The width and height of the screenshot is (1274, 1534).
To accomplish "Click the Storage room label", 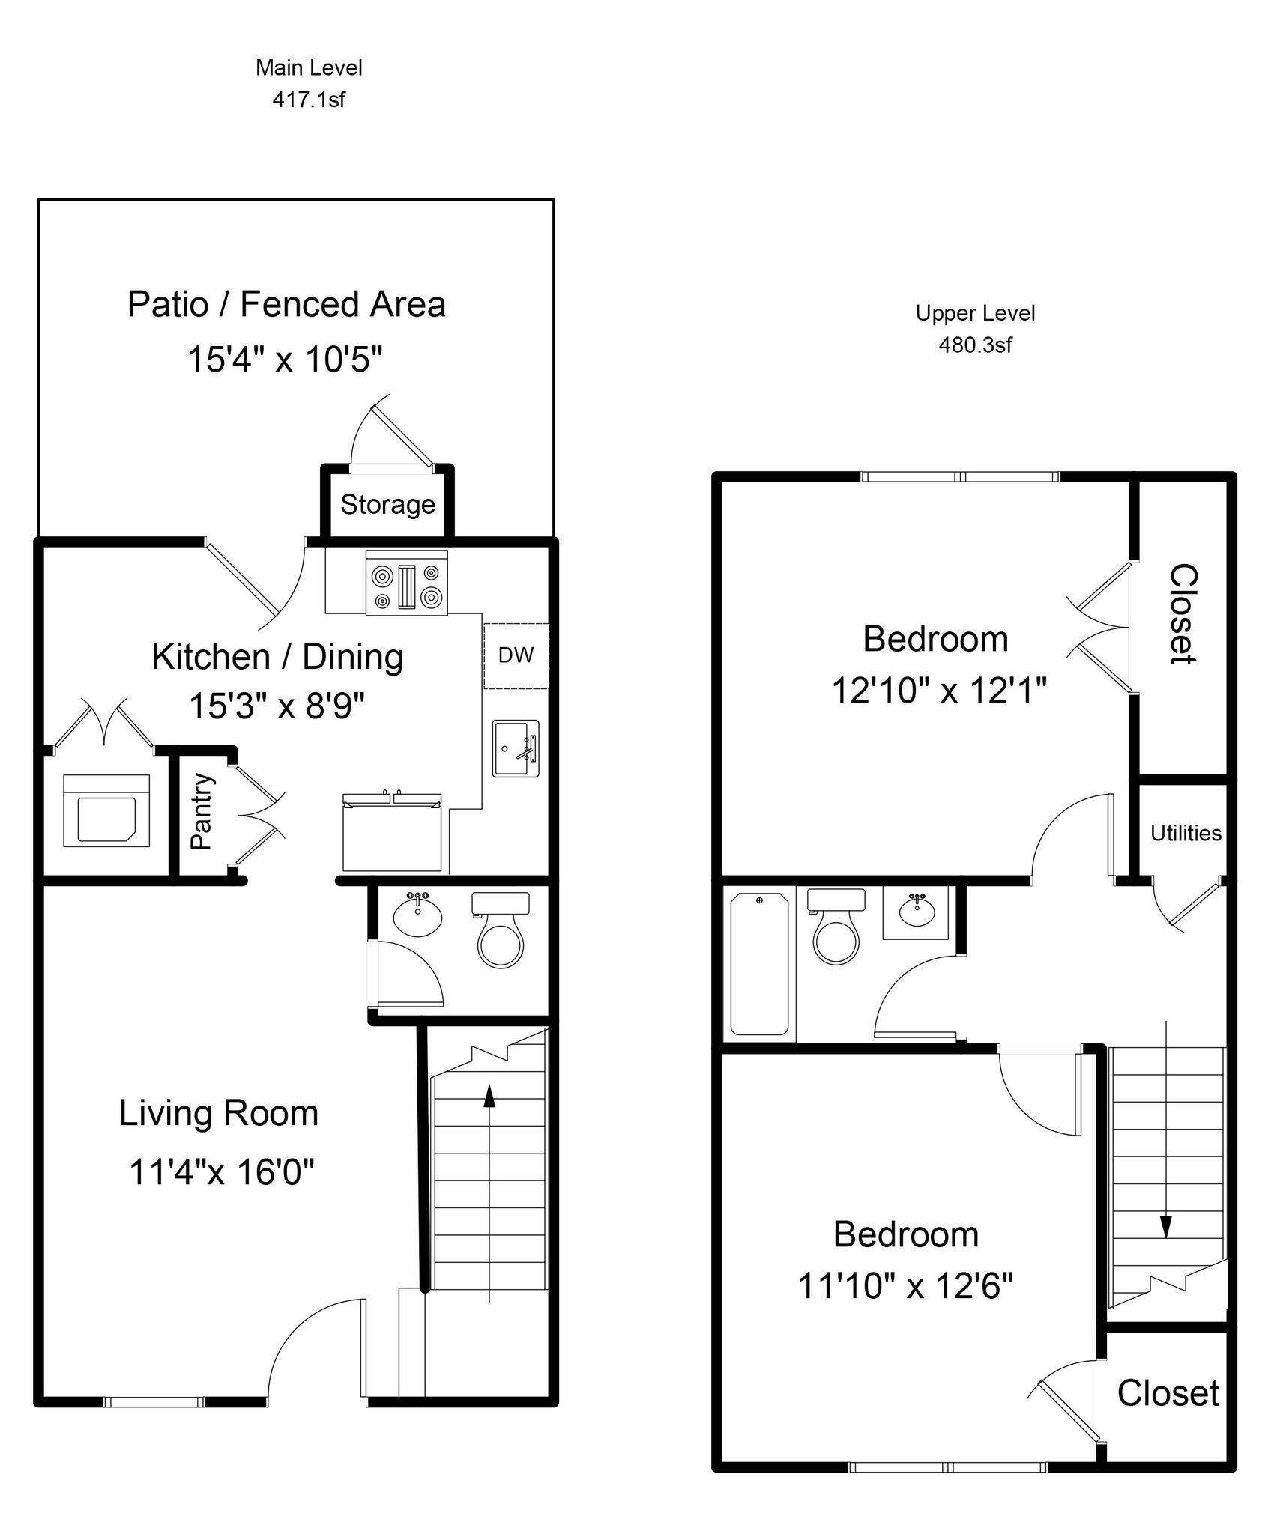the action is pyautogui.click(x=387, y=504).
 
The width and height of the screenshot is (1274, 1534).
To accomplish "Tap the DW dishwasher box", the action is pyautogui.click(x=516, y=655).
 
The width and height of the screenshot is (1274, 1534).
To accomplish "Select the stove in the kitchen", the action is pyautogui.click(x=407, y=583).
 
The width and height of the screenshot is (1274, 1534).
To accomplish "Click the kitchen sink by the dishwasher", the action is pyautogui.click(x=516, y=748).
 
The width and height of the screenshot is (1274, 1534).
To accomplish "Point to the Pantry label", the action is pyautogui.click(x=201, y=812).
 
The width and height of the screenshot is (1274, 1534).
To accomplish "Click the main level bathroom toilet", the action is pyautogui.click(x=500, y=929).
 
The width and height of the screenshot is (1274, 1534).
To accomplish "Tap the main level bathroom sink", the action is pyautogui.click(x=417, y=914).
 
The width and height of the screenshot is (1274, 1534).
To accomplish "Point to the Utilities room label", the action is pyautogui.click(x=1186, y=833).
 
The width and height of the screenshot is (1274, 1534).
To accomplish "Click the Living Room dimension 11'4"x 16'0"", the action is pyautogui.click(x=222, y=1171).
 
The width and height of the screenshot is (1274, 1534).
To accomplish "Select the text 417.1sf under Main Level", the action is pyautogui.click(x=309, y=100).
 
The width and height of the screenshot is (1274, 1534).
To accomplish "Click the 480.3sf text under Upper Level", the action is pyautogui.click(x=975, y=345).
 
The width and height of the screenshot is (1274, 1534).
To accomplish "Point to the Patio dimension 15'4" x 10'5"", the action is pyautogui.click(x=285, y=360).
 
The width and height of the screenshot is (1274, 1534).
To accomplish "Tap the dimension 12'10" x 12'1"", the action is pyautogui.click(x=939, y=690).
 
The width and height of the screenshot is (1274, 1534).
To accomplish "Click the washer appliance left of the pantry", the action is pyautogui.click(x=106, y=810).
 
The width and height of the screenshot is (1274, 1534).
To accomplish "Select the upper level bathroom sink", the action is pyautogui.click(x=915, y=912).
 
